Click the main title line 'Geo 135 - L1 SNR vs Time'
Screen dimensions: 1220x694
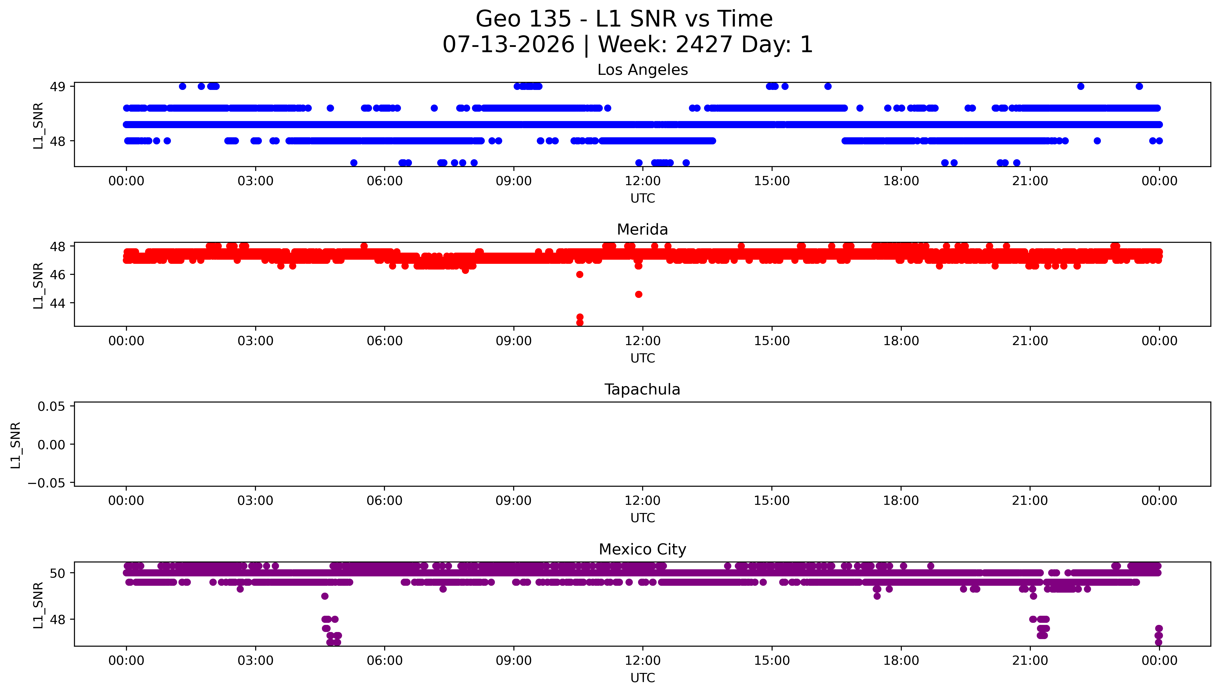click(624, 19)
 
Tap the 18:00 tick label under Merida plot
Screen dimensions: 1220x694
click(901, 341)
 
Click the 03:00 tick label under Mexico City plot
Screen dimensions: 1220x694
click(255, 661)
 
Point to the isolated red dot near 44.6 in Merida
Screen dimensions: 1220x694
click(638, 294)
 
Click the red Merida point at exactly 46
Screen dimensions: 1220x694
click(580, 275)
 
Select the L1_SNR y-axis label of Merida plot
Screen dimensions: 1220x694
click(38, 286)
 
